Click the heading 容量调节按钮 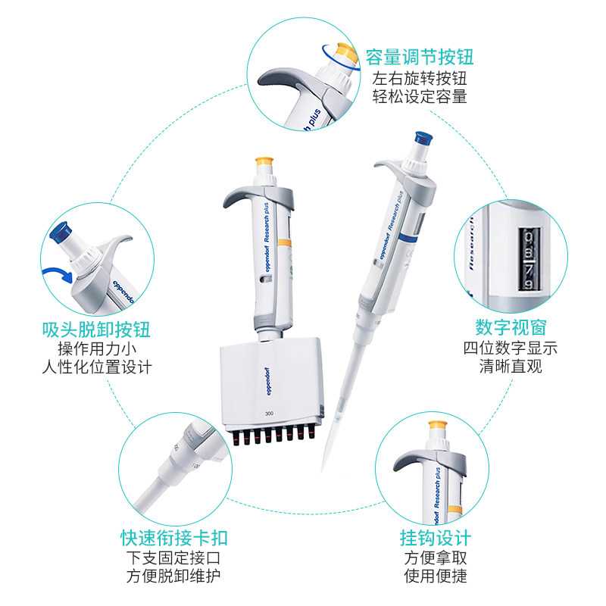(x=420, y=58)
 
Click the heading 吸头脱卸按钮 (x=96, y=330)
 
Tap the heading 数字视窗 (x=511, y=328)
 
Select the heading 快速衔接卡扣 (x=174, y=538)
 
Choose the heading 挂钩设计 (x=436, y=538)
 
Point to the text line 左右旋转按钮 (x=420, y=79)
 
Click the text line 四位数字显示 (x=511, y=348)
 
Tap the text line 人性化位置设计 (x=97, y=367)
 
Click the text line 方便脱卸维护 (x=173, y=576)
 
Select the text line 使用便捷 (x=436, y=576)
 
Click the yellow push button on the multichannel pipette (x=264, y=161)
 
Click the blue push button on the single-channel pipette (x=423, y=139)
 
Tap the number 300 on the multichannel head (x=270, y=414)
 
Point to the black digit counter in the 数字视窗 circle (x=529, y=258)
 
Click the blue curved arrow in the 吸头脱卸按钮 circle (x=58, y=273)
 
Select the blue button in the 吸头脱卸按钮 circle (x=61, y=233)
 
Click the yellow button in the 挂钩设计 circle (x=439, y=425)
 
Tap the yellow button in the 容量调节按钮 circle (x=347, y=54)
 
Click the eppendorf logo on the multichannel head (x=269, y=381)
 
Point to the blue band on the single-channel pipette (x=408, y=237)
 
